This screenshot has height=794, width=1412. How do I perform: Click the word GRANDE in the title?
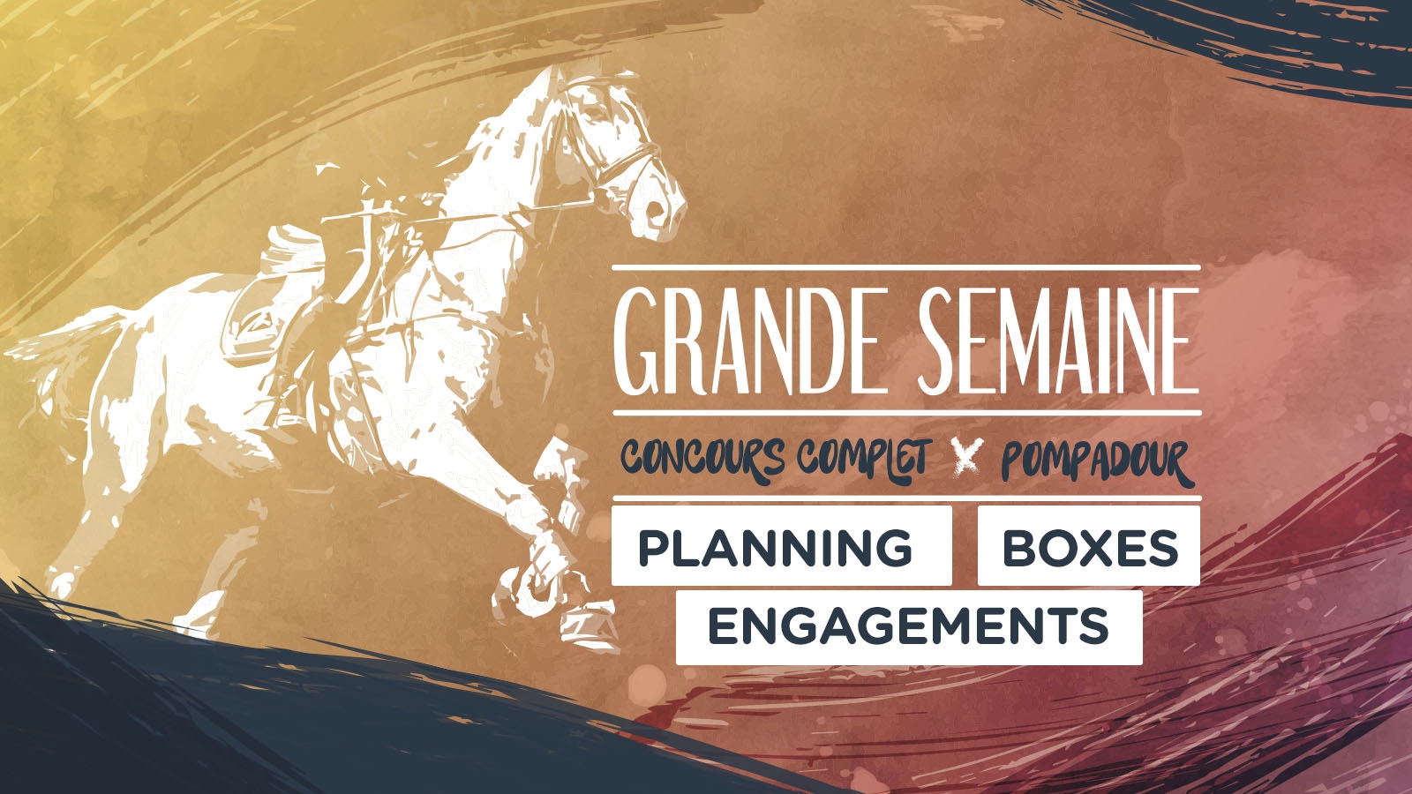tap(747, 341)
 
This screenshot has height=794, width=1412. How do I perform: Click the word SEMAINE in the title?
tap(1058, 341)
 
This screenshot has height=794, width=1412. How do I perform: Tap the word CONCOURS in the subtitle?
tap(702, 458)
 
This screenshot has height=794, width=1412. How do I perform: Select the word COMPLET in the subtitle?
tap(864, 460)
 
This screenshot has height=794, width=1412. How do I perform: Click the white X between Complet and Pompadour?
tap(966, 456)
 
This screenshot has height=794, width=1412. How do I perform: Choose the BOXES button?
tap(1089, 546)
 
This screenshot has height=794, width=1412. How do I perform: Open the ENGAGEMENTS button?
tap(908, 627)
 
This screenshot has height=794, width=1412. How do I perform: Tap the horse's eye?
tap(595, 114)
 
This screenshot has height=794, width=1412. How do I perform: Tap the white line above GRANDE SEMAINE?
tap(905, 268)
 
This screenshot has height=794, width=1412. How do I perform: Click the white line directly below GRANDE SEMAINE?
tap(906, 413)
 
